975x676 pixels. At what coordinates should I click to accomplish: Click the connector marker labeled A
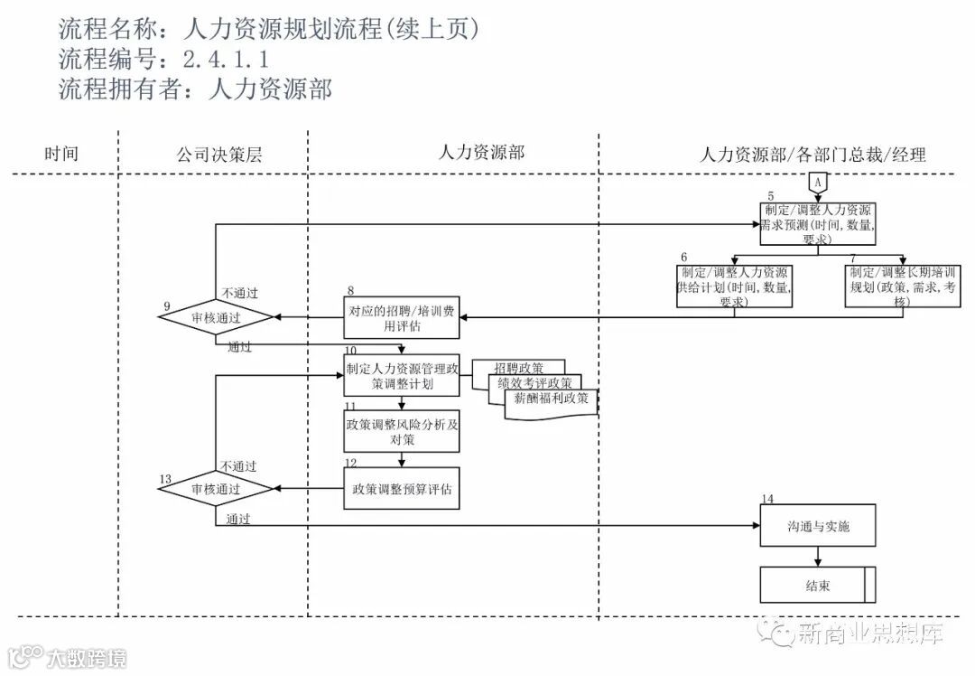pos(817,182)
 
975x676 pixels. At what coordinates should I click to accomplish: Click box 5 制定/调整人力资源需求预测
pos(817,222)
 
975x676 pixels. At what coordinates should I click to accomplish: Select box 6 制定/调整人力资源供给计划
pos(736,287)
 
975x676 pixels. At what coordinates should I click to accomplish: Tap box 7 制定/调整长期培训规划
pos(903,287)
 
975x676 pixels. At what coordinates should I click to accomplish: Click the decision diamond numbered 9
pos(216,318)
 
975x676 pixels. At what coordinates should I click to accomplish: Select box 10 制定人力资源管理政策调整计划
pos(402,375)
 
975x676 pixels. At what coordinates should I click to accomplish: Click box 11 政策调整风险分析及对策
pos(402,430)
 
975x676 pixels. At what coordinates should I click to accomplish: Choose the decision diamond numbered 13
pos(216,489)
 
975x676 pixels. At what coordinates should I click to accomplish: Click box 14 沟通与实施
pos(818,526)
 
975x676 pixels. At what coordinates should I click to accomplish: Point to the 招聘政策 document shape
pos(519,367)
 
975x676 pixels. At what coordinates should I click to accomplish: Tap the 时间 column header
pos(61,154)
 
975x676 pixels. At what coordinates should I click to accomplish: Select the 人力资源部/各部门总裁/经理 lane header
pos(812,154)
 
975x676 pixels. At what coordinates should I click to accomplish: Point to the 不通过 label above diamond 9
pos(239,292)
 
